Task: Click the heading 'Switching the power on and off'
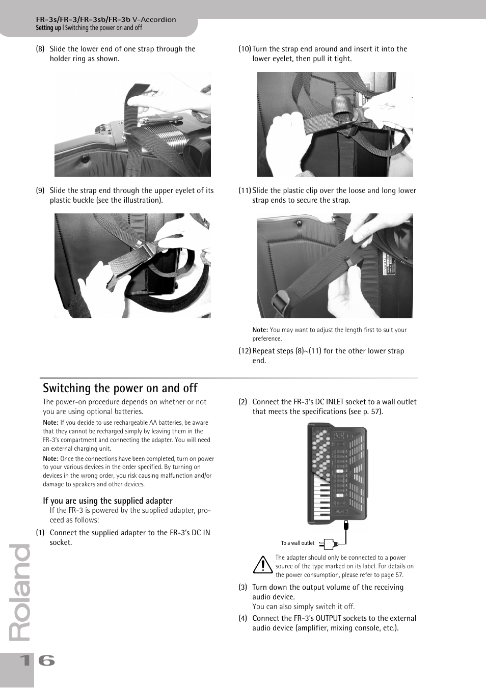point(120,388)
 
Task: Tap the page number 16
point(37,661)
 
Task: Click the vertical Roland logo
point(20,593)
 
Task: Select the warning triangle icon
point(263,565)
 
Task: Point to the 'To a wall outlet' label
point(298,543)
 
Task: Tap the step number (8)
point(40,49)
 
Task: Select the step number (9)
point(40,191)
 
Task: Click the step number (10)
point(245,49)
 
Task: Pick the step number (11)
point(245,191)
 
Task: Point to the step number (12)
point(245,351)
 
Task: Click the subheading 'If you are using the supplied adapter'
point(107,501)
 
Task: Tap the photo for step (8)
point(132,124)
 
